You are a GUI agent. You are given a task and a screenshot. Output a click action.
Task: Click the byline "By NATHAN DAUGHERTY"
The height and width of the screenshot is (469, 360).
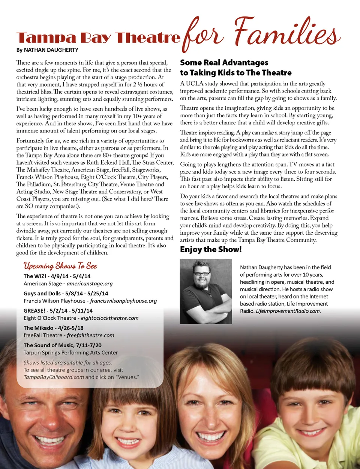(x=47, y=50)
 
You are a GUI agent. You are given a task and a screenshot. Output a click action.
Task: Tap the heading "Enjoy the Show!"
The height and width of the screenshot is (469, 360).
(x=211, y=250)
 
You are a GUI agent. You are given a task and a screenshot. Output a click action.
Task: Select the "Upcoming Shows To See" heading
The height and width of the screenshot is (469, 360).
(x=60, y=266)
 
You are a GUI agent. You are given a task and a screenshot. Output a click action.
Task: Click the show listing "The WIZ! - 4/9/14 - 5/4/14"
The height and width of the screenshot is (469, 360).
(x=57, y=276)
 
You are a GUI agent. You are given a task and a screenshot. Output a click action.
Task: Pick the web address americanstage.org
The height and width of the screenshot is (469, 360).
(x=90, y=284)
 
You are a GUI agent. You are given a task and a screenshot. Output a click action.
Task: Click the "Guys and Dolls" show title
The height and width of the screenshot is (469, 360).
(x=42, y=294)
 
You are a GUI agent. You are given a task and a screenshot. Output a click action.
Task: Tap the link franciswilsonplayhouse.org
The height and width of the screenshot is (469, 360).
(x=123, y=301)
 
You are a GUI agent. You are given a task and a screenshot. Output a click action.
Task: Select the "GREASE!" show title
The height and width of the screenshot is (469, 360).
(x=34, y=311)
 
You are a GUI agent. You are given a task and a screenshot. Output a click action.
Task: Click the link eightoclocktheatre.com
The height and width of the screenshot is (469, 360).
(x=109, y=318)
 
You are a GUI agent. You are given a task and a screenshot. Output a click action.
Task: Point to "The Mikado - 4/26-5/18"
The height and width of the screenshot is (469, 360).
(x=54, y=328)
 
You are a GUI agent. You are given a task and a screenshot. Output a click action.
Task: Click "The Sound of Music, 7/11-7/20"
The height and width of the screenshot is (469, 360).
(x=63, y=345)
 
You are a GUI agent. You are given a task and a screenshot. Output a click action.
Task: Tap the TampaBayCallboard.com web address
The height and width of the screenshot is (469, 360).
(x=54, y=377)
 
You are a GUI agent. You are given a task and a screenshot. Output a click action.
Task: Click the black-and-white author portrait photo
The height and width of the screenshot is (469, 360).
(x=206, y=291)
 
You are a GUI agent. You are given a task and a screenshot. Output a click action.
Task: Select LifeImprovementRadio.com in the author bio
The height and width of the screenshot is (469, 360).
(x=288, y=311)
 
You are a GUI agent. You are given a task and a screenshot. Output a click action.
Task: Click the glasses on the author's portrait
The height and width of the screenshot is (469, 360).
(x=202, y=274)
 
